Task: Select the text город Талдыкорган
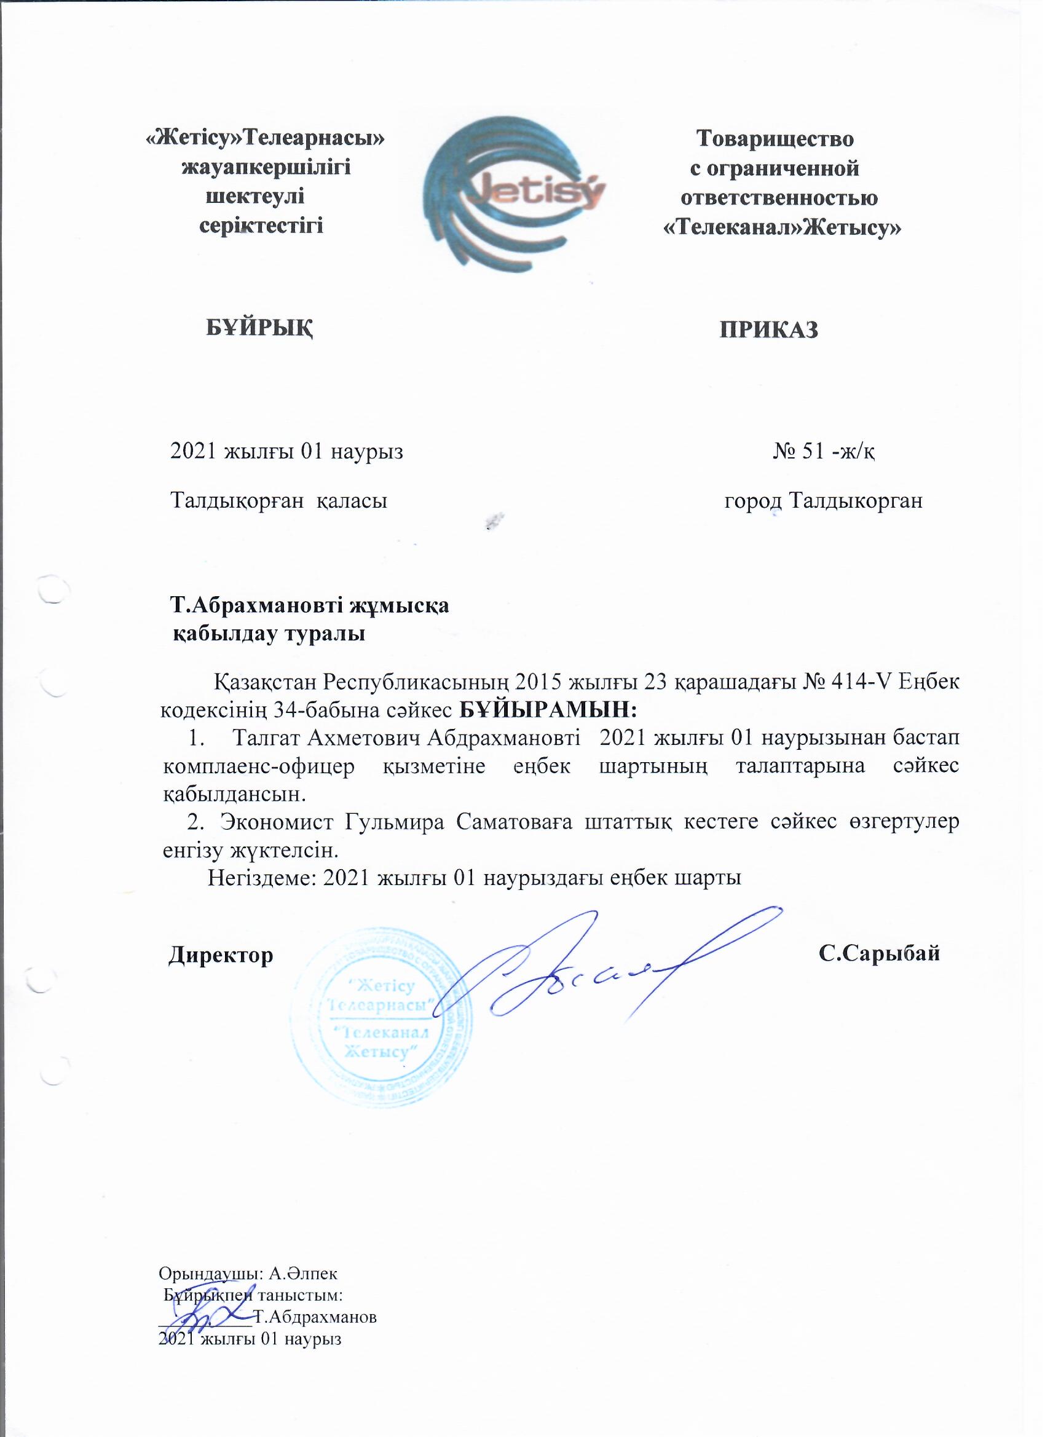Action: click(x=822, y=501)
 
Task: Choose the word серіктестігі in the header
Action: click(x=261, y=226)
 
